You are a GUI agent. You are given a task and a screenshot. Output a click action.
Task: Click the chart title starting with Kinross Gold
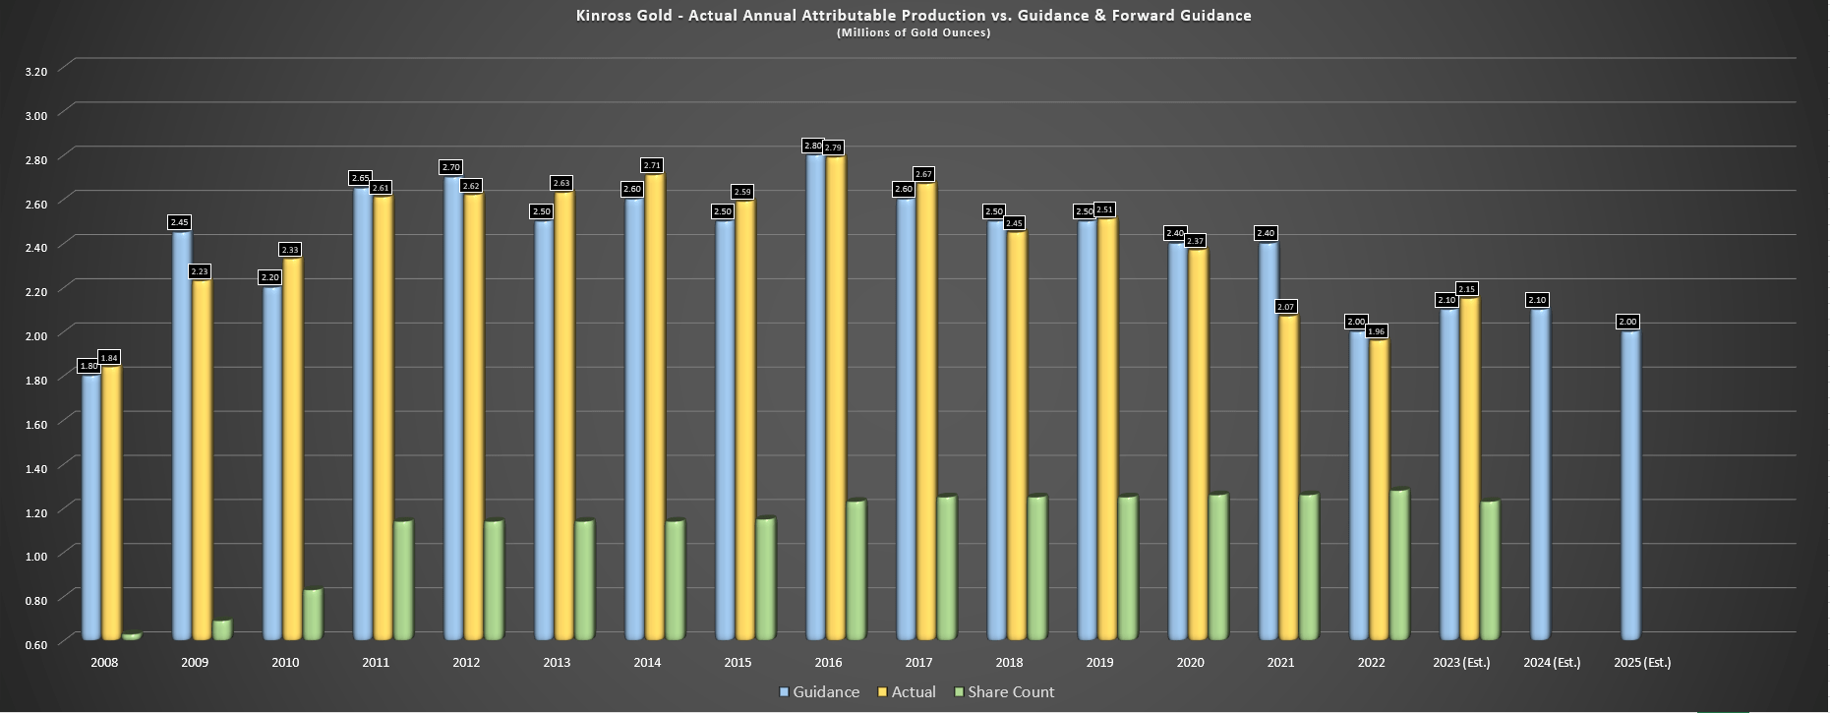point(914,15)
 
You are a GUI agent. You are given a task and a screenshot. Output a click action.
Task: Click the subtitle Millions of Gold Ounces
point(914,32)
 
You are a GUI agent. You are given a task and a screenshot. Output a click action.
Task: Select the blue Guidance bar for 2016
point(815,393)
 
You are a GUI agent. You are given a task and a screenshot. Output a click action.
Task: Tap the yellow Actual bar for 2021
point(1287,477)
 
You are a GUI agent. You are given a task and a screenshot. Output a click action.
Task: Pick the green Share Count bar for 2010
point(312,615)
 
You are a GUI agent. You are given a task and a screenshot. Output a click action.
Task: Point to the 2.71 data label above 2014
point(652,165)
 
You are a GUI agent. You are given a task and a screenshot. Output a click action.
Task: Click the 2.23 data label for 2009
point(200,271)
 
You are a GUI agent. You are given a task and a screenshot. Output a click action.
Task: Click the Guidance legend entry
point(819,692)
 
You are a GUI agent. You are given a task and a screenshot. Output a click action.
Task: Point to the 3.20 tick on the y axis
point(35,71)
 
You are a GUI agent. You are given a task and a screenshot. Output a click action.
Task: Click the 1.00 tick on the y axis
point(35,556)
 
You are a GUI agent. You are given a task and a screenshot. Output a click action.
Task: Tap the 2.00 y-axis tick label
point(35,335)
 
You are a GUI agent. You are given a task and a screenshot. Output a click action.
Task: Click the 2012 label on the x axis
point(466,663)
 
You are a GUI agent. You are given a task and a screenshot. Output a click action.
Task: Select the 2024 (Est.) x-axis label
point(1552,663)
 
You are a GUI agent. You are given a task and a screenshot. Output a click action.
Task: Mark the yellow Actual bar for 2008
point(111,502)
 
